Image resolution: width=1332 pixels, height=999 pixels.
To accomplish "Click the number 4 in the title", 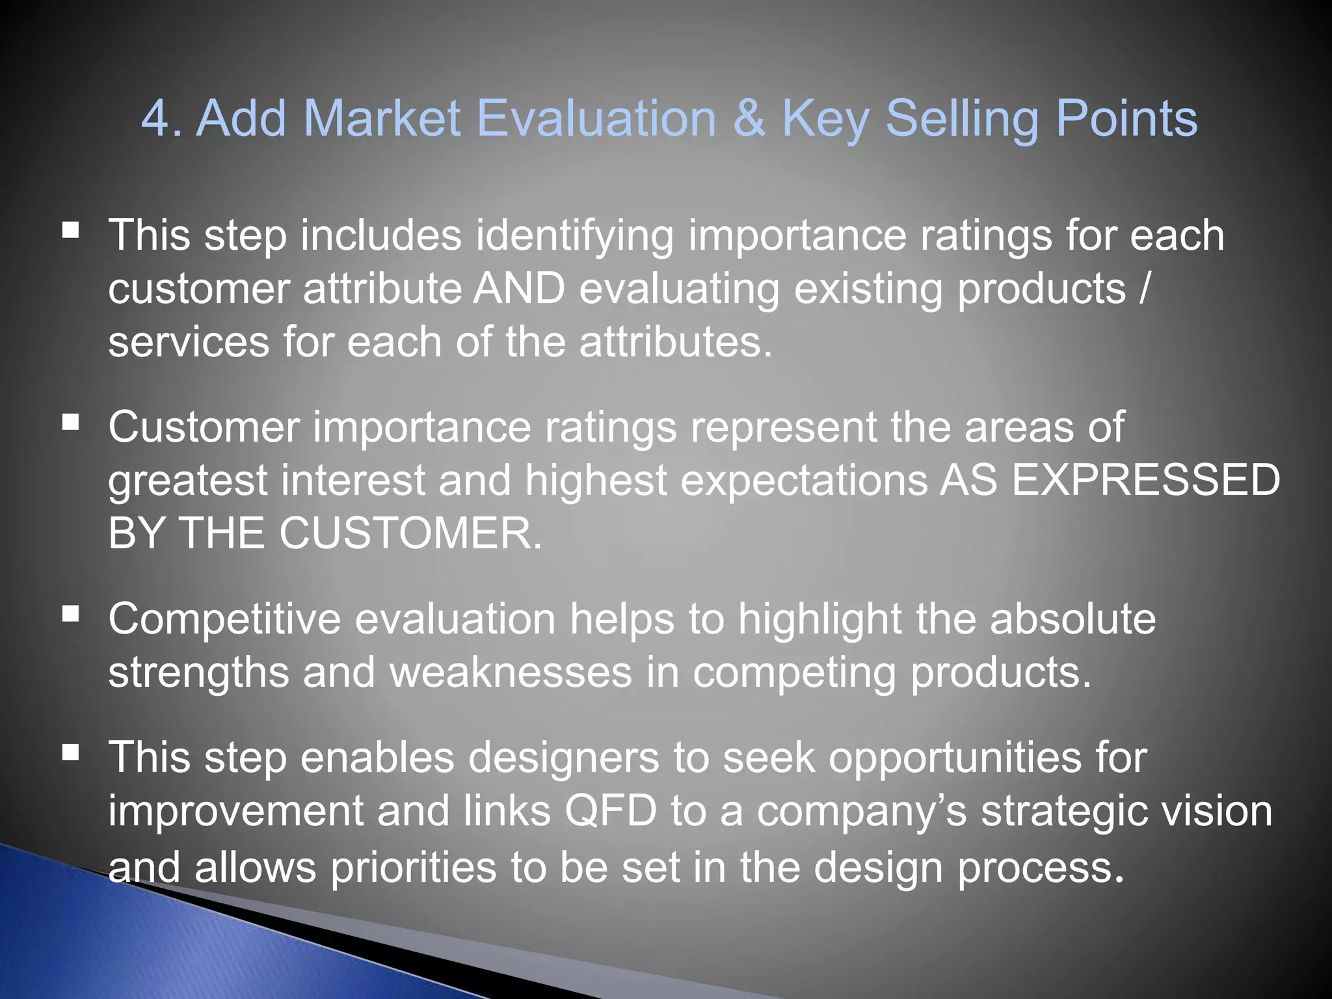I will coord(155,119).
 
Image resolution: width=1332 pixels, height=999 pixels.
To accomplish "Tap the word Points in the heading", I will coord(1126,119).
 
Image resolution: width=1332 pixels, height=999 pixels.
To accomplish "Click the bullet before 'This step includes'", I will coord(70,230).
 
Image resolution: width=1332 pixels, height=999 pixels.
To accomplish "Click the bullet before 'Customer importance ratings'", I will coord(70,423).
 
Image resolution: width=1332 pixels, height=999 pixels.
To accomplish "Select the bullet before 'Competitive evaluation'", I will coord(70,614).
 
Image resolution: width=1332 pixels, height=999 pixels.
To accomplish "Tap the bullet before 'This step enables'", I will coord(70,753).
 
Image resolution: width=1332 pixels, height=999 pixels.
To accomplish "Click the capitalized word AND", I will coord(519,289).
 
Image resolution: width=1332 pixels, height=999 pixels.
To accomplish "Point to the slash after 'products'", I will coord(1145,289).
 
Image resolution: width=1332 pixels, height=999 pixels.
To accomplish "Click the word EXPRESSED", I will coord(1146,481).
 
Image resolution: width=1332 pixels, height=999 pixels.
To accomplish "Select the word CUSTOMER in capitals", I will coord(410,534).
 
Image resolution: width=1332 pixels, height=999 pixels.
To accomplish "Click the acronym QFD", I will coord(610,812).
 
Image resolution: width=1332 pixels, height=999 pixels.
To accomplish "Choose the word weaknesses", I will coord(511,673).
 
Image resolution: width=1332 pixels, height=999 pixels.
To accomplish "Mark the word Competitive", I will coord(224,620).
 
